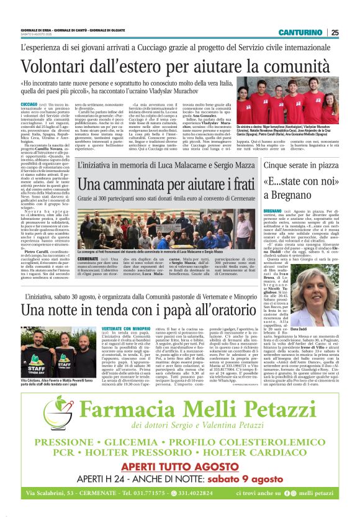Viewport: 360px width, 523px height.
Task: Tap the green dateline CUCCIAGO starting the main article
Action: point(29,103)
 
